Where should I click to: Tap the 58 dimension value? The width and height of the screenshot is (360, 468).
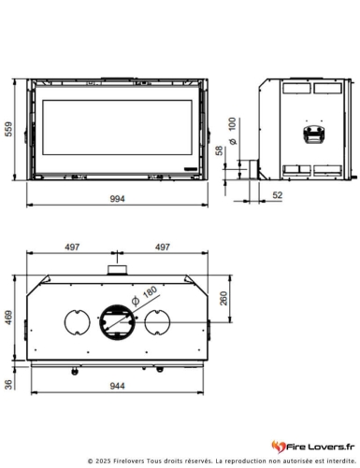coord(219,151)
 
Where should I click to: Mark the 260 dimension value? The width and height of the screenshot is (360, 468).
coord(223,299)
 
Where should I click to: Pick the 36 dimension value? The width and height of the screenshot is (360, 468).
coord(10,383)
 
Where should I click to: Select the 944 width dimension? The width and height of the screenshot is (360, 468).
coord(118,384)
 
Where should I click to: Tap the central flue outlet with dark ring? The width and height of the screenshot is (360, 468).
coord(117,322)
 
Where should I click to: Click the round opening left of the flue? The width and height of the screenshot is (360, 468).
coord(76,323)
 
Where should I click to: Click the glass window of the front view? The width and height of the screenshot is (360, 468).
coord(117,128)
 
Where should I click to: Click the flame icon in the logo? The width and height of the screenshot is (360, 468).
coord(277,447)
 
